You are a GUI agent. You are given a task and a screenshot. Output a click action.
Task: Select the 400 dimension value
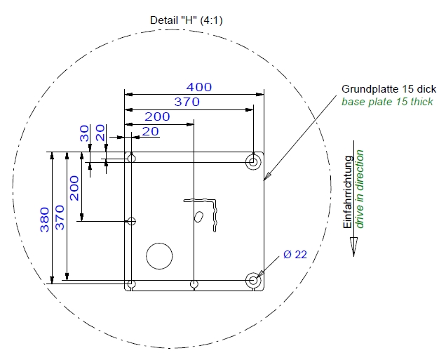[x=199, y=87]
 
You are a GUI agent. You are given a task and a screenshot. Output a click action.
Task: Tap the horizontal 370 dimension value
[x=187, y=102]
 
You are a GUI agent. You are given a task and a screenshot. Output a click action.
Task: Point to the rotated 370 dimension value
[x=60, y=218]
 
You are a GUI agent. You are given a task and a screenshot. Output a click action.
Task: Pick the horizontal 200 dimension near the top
[x=157, y=116]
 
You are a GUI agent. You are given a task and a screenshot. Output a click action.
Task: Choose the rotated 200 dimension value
[x=74, y=188]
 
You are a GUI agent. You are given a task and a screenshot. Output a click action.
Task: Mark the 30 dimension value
[x=85, y=134]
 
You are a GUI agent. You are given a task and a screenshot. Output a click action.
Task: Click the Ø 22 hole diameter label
[x=296, y=255]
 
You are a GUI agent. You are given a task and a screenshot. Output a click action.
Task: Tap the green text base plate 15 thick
[x=387, y=102]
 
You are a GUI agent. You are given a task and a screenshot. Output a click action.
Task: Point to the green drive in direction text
[x=360, y=189]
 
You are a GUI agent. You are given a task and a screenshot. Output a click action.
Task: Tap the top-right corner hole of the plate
[x=253, y=162]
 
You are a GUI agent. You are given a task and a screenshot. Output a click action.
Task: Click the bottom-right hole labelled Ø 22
[x=253, y=281]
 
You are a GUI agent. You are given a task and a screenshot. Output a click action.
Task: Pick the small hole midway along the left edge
[x=131, y=222]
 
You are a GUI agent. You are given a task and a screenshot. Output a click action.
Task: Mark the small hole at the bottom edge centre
[x=194, y=284]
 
